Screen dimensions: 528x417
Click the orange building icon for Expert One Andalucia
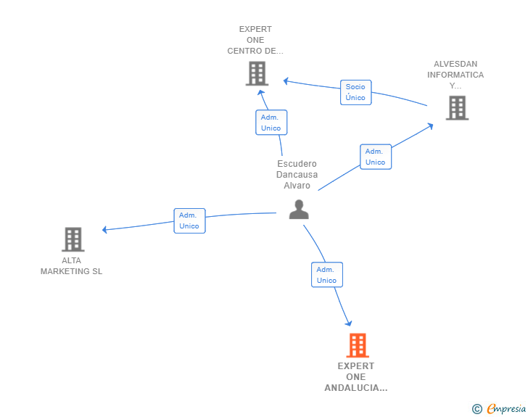[358, 345]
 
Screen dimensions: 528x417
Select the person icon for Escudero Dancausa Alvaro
[299, 210]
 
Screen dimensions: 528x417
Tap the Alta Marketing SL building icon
[73, 239]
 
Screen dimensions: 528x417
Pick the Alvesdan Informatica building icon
[457, 108]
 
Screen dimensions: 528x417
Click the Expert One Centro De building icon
[257, 73]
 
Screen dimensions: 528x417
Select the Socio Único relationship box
[355, 92]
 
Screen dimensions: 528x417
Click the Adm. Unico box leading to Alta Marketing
[189, 220]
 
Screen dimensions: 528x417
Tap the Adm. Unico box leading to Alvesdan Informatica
[376, 157]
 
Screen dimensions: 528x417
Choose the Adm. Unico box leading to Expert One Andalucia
[327, 275]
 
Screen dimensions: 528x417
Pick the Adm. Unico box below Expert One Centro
[271, 123]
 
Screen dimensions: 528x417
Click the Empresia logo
[506, 408]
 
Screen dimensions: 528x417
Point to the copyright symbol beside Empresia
[477, 409]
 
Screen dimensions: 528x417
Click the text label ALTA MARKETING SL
[71, 265]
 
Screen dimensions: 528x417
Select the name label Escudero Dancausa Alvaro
[297, 175]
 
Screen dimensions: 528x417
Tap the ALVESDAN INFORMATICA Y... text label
[455, 75]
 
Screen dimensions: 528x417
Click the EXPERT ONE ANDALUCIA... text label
[356, 377]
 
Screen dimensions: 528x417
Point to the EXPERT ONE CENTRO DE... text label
[255, 40]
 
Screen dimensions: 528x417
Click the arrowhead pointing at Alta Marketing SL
[104, 230]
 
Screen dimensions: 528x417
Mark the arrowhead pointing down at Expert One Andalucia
[349, 323]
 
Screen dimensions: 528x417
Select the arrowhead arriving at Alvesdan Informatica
[430, 126]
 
